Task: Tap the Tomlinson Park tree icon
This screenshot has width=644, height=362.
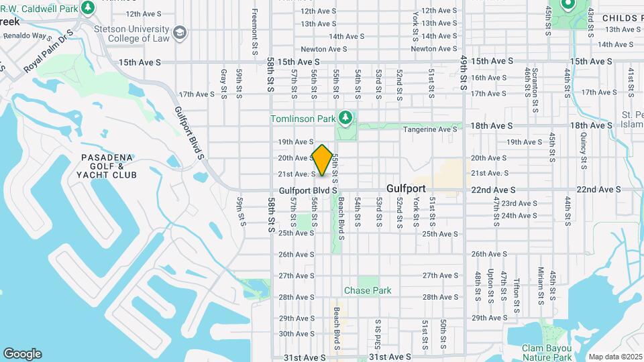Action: (345, 119)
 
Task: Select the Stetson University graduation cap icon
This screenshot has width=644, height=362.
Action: (179, 32)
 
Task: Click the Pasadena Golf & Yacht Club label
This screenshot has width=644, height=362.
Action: (109, 166)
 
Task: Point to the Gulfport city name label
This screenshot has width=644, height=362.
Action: (407, 190)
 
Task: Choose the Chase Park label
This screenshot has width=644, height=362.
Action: (368, 290)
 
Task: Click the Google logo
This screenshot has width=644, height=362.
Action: (22, 353)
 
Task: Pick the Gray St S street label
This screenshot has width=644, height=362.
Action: (223, 82)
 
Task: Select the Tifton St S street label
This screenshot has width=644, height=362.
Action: (517, 295)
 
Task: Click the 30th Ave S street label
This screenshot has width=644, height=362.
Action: (297, 334)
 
